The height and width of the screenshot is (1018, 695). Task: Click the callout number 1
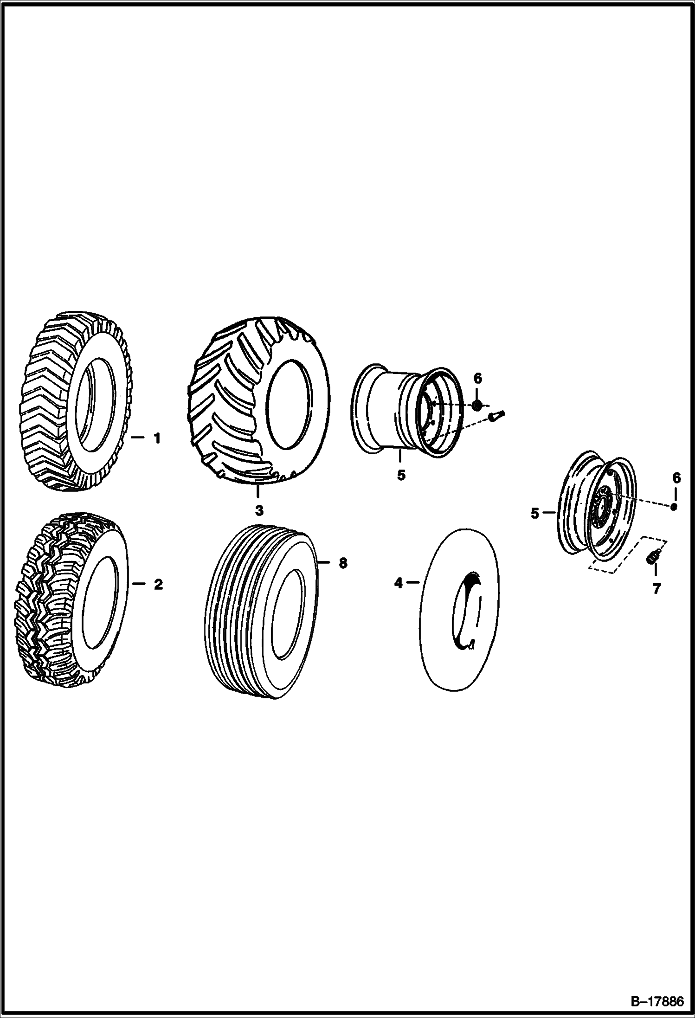(x=157, y=438)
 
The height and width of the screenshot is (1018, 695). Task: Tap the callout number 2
(x=158, y=585)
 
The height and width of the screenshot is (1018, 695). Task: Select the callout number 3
(x=259, y=510)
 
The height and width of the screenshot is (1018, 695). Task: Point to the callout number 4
(x=399, y=583)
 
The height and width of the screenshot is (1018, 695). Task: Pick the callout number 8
(x=342, y=563)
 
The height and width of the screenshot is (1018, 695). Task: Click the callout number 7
(x=656, y=589)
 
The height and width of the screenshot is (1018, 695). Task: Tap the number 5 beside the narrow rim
(x=535, y=514)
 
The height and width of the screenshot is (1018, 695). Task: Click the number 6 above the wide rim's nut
(x=477, y=378)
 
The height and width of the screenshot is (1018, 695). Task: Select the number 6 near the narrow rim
(x=676, y=477)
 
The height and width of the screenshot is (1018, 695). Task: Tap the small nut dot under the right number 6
(x=675, y=507)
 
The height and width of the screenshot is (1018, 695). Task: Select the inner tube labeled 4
(x=459, y=616)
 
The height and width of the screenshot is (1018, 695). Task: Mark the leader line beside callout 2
(x=139, y=585)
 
